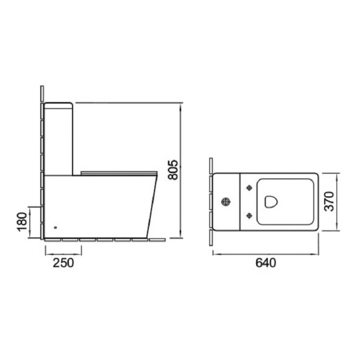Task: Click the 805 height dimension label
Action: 173,170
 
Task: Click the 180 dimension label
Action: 22,222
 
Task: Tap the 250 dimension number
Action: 63,263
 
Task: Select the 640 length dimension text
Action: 265,263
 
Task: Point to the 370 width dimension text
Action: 328,201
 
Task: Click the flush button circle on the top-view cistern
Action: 226,202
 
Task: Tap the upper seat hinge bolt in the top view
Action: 249,188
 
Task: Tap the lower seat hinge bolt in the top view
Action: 249,216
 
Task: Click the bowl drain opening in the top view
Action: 271,202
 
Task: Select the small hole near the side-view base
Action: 55,228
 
